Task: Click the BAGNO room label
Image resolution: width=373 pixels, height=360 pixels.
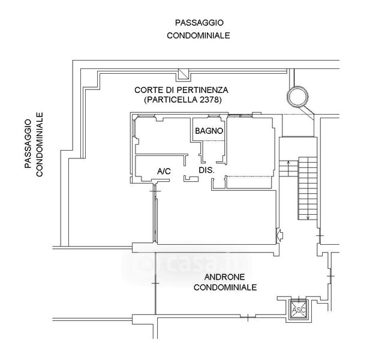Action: tap(209, 131)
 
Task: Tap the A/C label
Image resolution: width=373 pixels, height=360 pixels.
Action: tap(164, 171)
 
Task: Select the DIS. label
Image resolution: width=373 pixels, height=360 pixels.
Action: tap(207, 170)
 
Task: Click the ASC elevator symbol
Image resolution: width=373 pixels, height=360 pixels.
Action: tap(299, 310)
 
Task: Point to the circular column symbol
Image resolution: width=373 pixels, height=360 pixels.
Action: tap(298, 97)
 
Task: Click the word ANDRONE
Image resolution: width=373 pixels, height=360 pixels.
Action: tap(224, 277)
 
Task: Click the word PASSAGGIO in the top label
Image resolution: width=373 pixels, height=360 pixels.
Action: tap(199, 23)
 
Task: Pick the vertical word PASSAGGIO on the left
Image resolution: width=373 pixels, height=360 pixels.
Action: tap(28, 143)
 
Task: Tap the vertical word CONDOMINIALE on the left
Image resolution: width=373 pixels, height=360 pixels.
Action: tap(40, 145)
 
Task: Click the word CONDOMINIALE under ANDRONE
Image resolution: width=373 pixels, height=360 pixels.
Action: tap(225, 287)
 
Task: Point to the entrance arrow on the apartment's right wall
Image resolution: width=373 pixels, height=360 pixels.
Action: tap(279, 235)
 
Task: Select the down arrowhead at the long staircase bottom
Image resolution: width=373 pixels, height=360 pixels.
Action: tap(308, 217)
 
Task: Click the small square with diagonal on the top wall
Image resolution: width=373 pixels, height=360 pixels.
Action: tap(183, 74)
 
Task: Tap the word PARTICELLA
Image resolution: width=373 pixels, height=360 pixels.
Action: tap(170, 100)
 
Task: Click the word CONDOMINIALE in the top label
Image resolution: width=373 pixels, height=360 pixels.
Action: tap(198, 35)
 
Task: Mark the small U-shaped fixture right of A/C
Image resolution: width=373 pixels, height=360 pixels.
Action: tap(191, 179)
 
